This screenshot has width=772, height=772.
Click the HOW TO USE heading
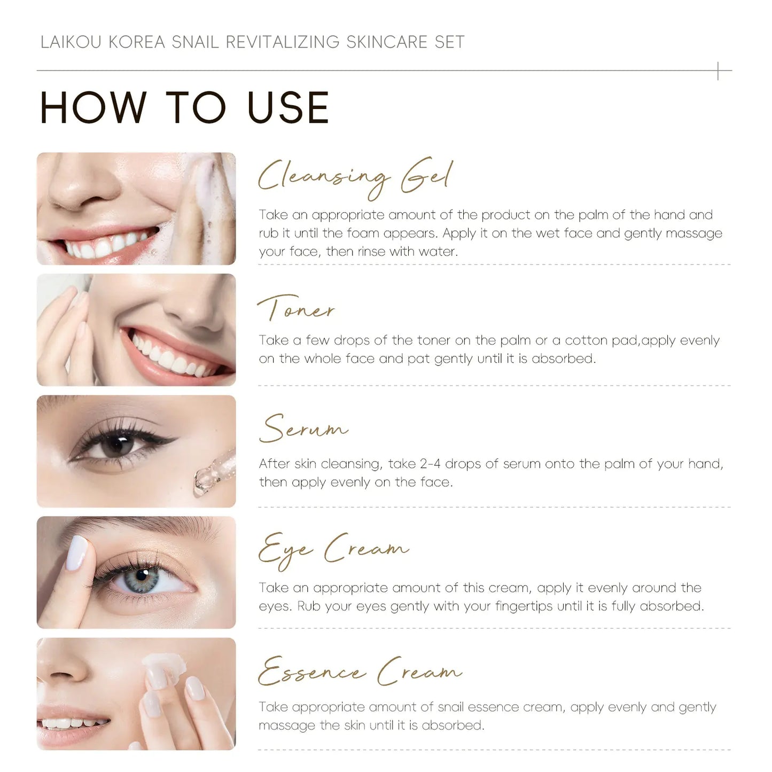pos(184,108)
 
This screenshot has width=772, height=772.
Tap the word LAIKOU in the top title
pos(71,42)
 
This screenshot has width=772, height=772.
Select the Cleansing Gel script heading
pos(355,176)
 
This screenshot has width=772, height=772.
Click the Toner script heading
pos(296,309)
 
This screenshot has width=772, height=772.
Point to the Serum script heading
pos(303,428)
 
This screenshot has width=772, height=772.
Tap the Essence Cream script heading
pos(359,672)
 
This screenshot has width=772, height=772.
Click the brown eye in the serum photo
pos(118,445)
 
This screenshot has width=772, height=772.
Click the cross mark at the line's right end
pos(718,71)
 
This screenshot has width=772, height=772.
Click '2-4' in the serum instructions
pos(430,464)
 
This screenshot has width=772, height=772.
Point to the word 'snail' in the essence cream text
pos(451,707)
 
